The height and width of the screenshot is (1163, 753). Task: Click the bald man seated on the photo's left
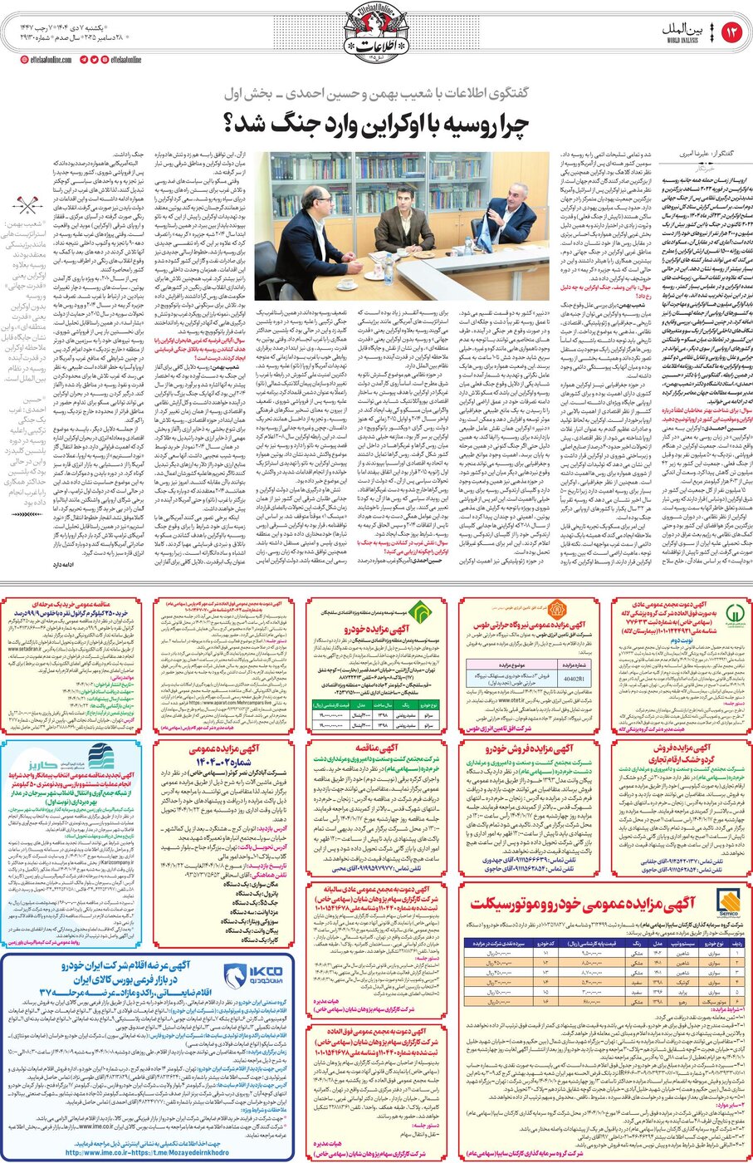(308, 232)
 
